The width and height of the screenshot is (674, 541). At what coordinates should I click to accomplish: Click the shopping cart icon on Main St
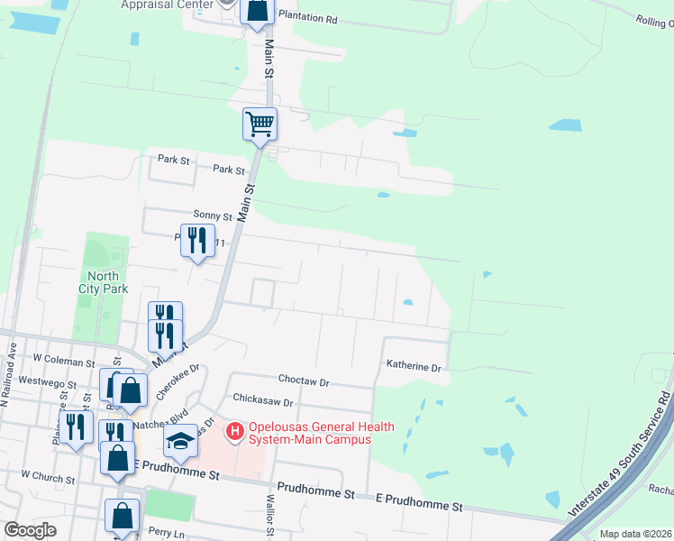260,124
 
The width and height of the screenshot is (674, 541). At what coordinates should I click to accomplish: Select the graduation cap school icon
180,441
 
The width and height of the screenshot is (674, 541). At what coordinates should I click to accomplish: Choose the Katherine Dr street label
414,368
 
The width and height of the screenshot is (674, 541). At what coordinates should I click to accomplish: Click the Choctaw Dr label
305,382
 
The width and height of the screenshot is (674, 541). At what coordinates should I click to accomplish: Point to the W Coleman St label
63,361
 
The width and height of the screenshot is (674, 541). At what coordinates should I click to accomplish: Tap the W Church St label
47,474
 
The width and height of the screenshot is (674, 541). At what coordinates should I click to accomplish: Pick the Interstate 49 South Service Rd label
622,451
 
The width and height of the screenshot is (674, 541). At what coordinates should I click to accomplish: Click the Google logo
31,530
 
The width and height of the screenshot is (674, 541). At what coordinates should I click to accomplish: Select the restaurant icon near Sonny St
196,241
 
